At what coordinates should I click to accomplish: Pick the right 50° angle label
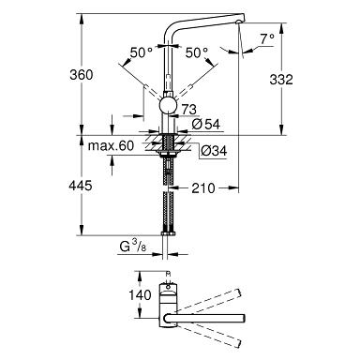[196, 55]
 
